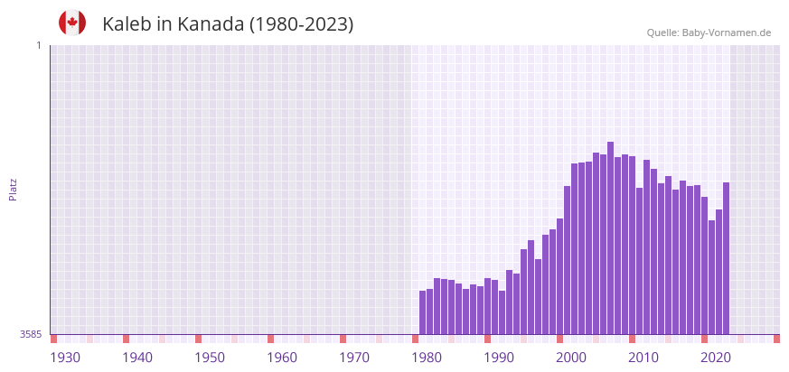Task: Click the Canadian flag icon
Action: tap(72, 23)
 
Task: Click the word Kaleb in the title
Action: tap(126, 24)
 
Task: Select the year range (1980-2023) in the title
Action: tap(301, 24)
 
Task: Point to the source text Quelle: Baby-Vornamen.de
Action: tap(709, 33)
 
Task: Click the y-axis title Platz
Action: tap(14, 190)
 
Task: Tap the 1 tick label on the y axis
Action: tap(38, 45)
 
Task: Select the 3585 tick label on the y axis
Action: tap(30, 334)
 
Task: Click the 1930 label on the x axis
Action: tap(65, 358)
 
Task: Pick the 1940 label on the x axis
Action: tap(137, 358)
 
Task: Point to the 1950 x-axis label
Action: tap(210, 358)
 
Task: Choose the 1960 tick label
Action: tap(282, 358)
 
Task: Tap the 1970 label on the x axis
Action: tap(354, 358)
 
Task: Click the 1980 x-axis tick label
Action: tap(427, 358)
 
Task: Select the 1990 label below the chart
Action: tap(499, 358)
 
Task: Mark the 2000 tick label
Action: tap(571, 358)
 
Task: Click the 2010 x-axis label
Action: tap(643, 358)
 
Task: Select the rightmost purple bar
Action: tap(726, 258)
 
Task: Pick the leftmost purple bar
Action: tap(422, 312)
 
